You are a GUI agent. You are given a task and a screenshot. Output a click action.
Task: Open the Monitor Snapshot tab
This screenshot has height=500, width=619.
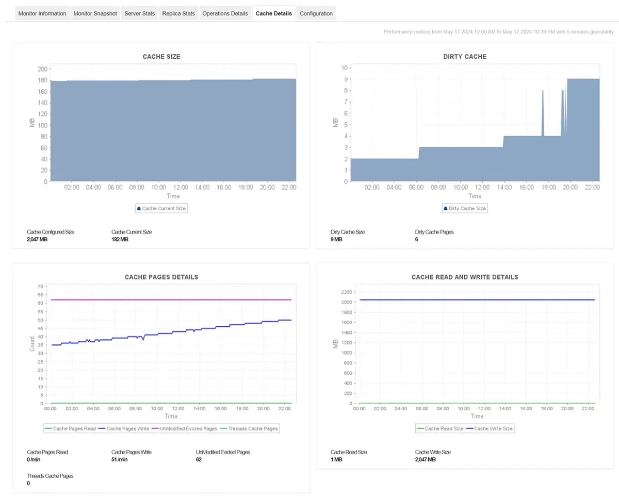point(95,13)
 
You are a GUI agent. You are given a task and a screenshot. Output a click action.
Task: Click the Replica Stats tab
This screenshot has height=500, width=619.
point(178,13)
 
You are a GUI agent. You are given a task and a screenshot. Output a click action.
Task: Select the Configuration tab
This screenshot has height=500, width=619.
point(316,13)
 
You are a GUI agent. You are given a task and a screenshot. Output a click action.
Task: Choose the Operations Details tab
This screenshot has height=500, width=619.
point(225,13)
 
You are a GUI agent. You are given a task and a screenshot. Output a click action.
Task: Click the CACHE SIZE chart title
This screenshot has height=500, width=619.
point(161,57)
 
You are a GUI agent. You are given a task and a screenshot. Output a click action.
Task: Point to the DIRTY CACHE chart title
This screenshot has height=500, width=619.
point(465,57)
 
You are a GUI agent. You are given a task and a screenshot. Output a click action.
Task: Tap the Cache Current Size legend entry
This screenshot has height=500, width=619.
point(161,208)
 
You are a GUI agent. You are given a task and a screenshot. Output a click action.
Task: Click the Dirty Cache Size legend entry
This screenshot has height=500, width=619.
point(464,208)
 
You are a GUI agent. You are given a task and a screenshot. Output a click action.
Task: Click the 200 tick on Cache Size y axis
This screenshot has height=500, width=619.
point(42,69)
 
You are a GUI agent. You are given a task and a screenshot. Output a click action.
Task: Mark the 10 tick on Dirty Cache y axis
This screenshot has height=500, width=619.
point(344,68)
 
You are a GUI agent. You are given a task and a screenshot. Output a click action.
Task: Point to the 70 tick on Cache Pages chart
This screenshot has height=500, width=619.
point(39,286)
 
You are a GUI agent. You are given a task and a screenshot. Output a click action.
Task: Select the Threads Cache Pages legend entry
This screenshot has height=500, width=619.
point(249,428)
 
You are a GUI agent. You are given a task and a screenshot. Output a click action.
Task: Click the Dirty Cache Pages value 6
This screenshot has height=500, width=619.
point(416,240)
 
